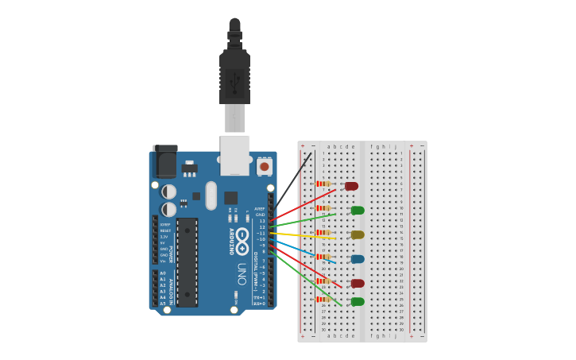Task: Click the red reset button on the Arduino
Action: coord(264,166)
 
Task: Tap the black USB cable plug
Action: coord(234,75)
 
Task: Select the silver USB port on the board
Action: coord(234,154)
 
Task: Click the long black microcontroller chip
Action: coord(187,261)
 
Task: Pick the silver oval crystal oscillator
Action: coord(211,195)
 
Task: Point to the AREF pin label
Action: coord(261,209)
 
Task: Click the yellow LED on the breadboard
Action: coord(357,234)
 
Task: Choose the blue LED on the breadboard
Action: coord(357,259)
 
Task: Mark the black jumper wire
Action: coord(292,182)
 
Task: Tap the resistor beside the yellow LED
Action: coord(323,232)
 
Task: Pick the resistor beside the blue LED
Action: coord(323,257)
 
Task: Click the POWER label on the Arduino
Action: coord(170,254)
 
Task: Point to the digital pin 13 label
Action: coord(261,221)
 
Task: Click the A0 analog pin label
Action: coord(163,273)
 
